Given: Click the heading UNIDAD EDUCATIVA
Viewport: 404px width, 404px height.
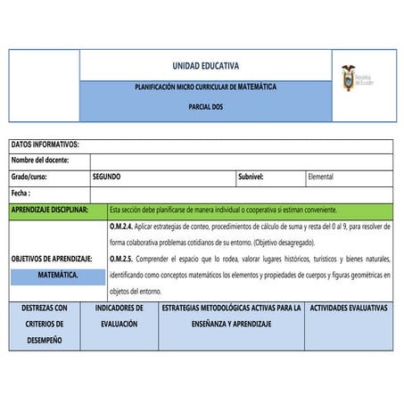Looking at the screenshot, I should [x=205, y=66].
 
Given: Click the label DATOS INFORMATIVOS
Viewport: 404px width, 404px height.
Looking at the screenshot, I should [x=45, y=144].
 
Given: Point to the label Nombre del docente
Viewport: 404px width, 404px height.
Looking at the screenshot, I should [x=40, y=161].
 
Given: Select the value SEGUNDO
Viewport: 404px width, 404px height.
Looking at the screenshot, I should [x=106, y=177].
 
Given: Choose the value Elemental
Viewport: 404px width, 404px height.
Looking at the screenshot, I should [x=320, y=177].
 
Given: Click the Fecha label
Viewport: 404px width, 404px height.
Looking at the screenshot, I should [x=21, y=193].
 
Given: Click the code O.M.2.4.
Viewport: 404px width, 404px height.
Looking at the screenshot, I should [x=121, y=227].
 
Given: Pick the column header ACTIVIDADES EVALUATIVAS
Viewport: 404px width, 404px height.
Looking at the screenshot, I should [x=348, y=308].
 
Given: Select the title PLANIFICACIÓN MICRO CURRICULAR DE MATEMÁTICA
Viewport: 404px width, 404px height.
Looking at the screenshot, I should [x=205, y=87].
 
